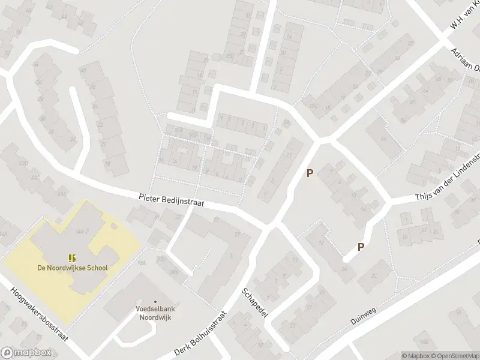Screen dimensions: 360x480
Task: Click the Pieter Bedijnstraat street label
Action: [x=171, y=199]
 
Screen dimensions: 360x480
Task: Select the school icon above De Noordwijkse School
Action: [x=71, y=258]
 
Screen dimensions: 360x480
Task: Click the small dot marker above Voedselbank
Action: [x=156, y=302]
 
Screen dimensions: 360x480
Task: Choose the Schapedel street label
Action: [x=254, y=305]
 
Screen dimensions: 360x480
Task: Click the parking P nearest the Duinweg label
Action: [x=361, y=247]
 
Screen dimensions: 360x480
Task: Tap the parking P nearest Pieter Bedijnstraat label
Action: [x=310, y=173]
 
